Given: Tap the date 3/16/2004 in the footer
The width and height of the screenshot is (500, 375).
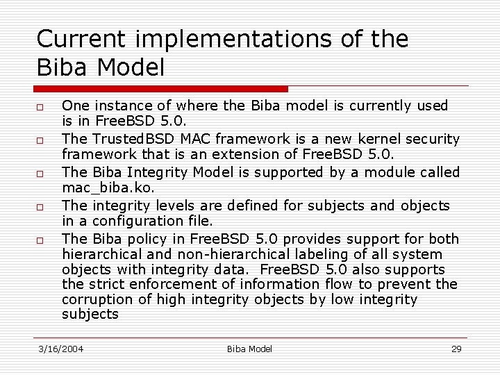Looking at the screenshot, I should click(60, 349).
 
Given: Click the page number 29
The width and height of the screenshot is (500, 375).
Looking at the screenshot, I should click(456, 349).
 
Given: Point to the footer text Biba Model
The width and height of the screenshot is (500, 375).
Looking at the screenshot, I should click(249, 349).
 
